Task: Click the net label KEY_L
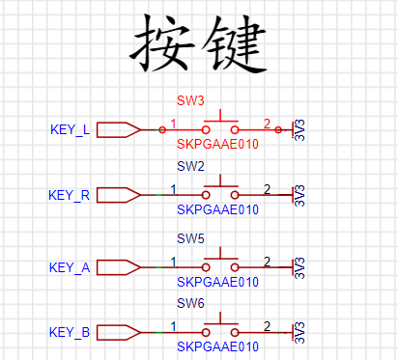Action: point(71,130)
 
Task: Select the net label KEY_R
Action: point(70,195)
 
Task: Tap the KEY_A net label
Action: point(70,267)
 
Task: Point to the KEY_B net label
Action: point(70,332)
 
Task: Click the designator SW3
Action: point(190,100)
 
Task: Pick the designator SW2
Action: point(190,166)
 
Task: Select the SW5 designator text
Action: point(190,238)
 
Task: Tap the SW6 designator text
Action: point(190,303)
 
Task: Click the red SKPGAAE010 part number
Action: point(218,144)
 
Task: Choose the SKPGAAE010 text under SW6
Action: point(218,346)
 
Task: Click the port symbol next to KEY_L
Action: point(119,130)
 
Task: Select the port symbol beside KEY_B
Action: point(119,332)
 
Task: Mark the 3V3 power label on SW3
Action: point(299,130)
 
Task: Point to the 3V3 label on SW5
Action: point(299,267)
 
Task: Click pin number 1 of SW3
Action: point(173,124)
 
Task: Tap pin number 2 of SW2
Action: point(267,189)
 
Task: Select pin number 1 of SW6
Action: point(173,326)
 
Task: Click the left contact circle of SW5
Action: point(206,267)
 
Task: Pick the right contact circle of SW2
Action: point(235,195)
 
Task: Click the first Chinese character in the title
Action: point(162,43)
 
